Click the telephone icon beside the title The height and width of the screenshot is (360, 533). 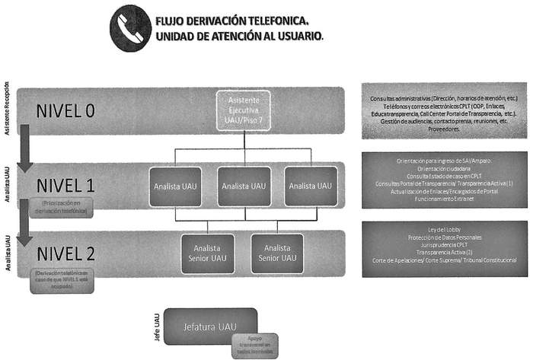point(130,28)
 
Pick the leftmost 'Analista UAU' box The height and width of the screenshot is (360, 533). point(176,185)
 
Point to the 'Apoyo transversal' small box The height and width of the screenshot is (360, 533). point(255,345)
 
